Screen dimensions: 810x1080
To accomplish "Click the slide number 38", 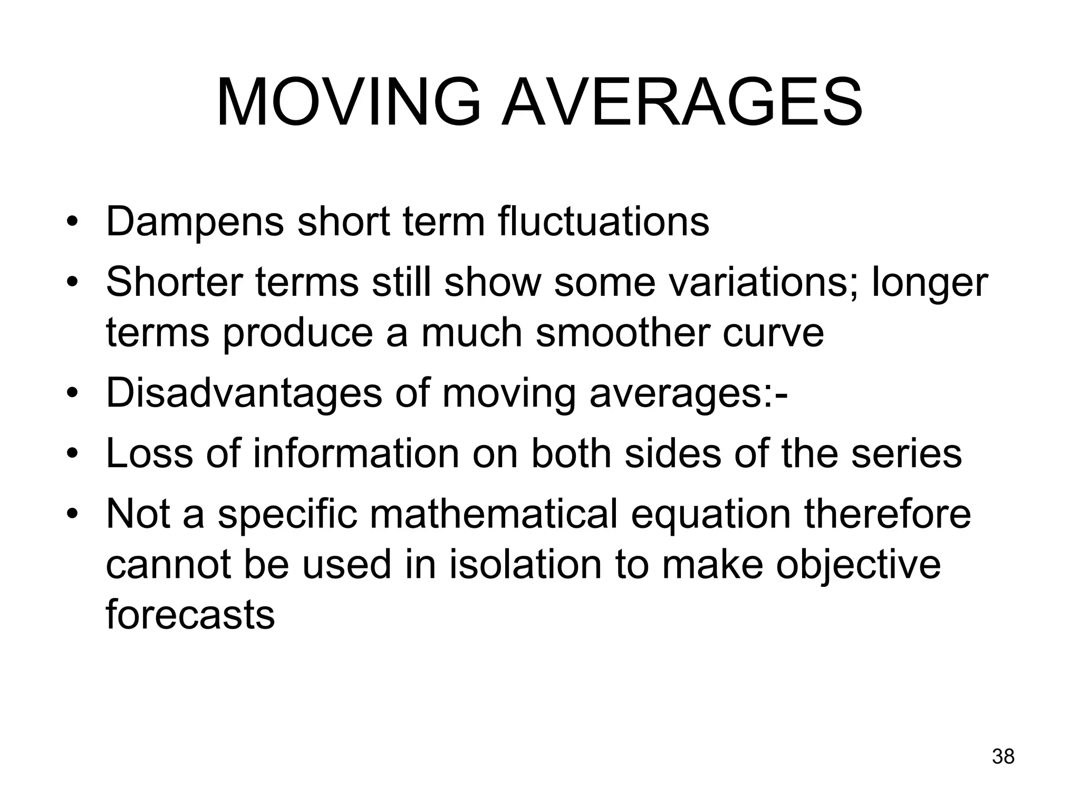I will coord(1003,756).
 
